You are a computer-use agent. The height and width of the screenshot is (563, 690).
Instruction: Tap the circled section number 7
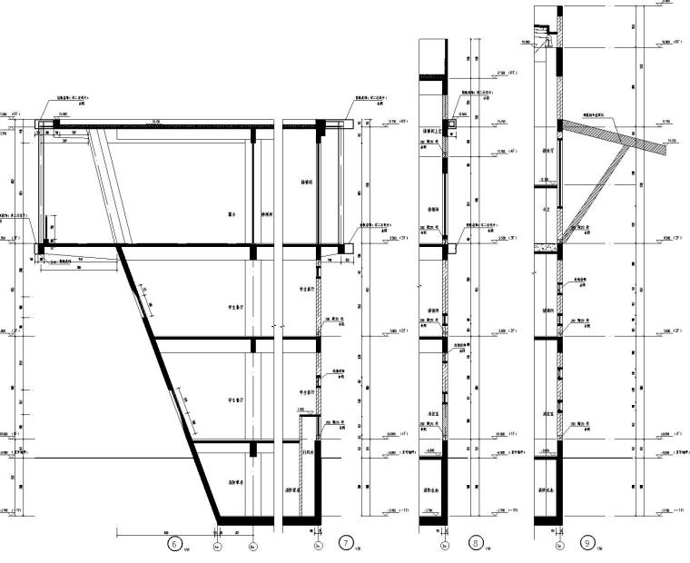(345, 543)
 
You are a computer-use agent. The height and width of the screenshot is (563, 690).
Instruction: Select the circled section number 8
(474, 543)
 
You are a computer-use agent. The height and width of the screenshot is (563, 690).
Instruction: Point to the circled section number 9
(588, 543)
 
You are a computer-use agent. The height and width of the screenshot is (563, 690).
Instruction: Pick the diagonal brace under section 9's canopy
(596, 195)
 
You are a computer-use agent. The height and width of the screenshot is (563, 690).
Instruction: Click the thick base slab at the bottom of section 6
(243, 519)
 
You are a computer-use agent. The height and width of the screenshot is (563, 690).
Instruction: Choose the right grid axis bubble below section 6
(253, 547)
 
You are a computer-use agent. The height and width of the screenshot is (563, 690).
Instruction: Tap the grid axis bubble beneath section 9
(559, 547)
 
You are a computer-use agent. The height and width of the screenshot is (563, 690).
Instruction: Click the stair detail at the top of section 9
(544, 36)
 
